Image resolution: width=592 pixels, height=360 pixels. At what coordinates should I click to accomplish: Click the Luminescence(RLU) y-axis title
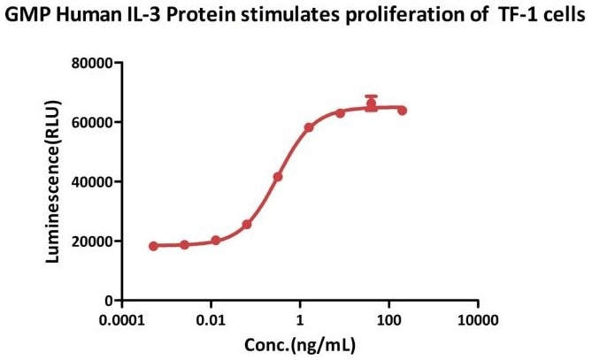tap(53, 181)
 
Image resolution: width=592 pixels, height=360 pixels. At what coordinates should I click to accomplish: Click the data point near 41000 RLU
tap(278, 177)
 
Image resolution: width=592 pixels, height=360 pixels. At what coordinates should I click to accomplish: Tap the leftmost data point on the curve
tap(154, 246)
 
